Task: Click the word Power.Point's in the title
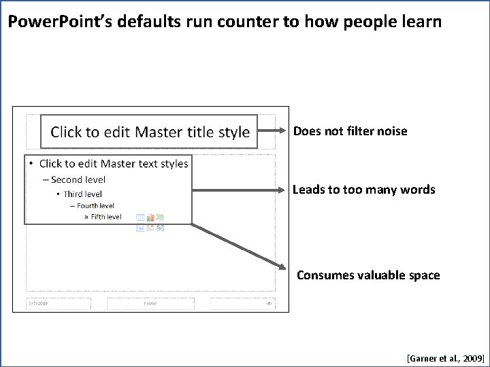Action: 58,22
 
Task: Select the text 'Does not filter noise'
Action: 350,131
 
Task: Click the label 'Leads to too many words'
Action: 363,190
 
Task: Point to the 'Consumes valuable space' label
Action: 368,275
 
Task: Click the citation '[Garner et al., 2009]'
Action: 445,355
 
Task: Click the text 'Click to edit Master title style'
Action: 150,132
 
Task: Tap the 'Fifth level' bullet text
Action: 105,217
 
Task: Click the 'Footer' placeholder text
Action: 150,303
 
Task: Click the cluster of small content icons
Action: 150,223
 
